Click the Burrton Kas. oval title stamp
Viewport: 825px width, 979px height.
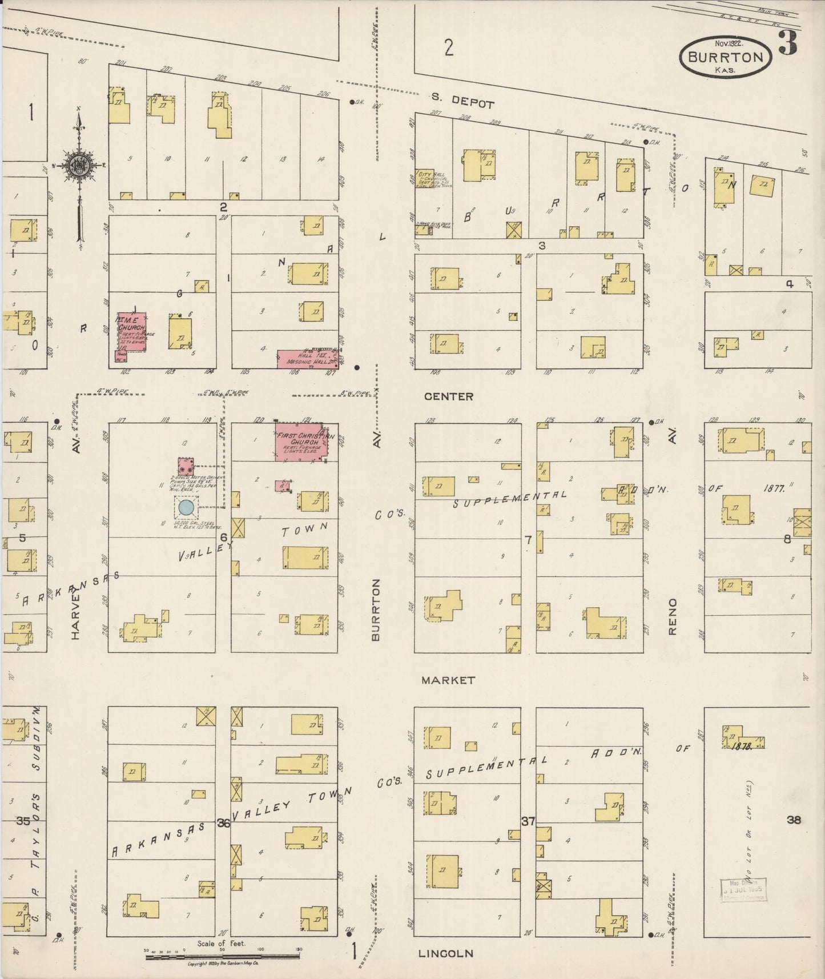[725, 57]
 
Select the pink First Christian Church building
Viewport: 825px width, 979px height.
[299, 440]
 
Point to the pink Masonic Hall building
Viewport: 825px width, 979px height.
[307, 358]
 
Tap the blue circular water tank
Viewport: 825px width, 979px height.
[186, 507]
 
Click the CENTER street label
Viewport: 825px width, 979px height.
[449, 396]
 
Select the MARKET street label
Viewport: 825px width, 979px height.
[448, 680]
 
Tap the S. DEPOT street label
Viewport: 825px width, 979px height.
[464, 101]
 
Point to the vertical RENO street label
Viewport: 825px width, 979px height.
[672, 616]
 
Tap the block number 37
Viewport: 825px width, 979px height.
[528, 821]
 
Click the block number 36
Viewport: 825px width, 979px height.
[223, 823]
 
